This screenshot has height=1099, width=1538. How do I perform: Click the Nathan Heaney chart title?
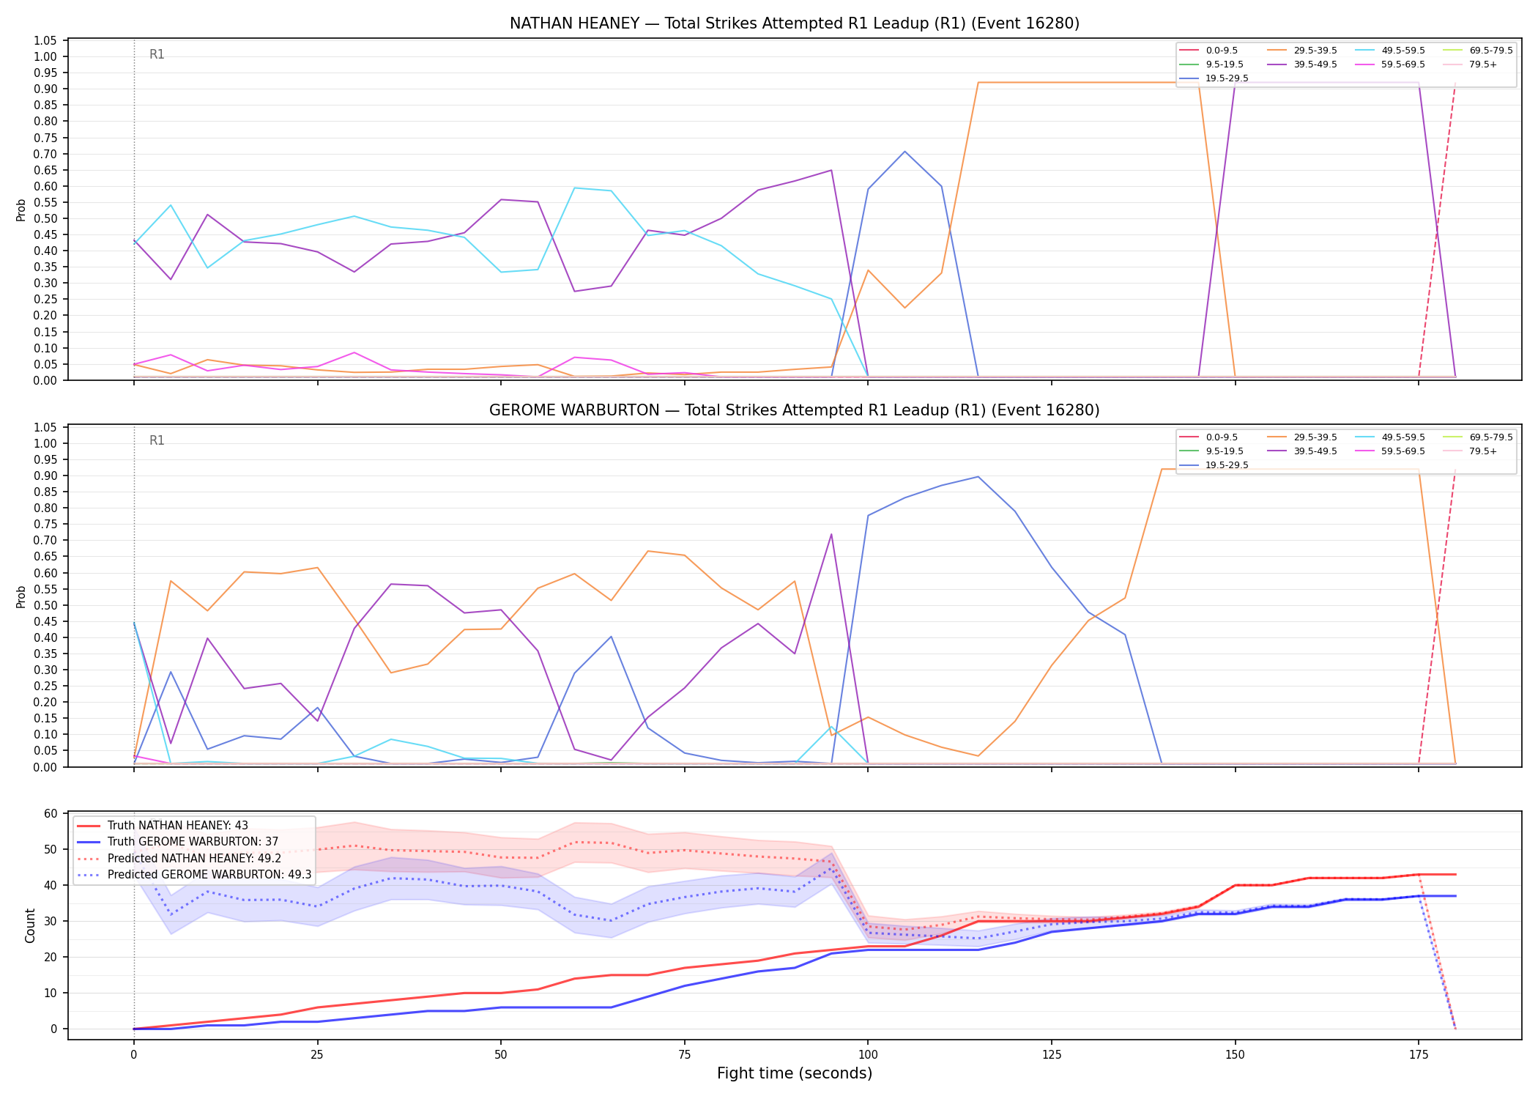pos(795,23)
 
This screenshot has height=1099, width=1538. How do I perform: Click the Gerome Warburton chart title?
pos(795,410)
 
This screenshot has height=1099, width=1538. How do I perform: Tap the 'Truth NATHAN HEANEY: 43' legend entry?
pos(163,826)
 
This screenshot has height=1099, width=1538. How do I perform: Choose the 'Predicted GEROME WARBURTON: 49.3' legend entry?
pos(193,875)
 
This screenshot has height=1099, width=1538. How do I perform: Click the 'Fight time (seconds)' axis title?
pos(795,1073)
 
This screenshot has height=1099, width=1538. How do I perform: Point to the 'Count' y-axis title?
pos(30,925)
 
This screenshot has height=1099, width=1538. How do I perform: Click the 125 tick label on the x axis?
pos(1052,1055)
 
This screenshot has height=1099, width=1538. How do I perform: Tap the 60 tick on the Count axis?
pos(51,813)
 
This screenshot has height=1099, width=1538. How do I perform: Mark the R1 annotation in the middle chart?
pos(157,440)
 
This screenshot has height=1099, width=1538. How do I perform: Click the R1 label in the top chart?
pos(157,54)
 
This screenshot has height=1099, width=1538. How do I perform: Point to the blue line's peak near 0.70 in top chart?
pos(904,152)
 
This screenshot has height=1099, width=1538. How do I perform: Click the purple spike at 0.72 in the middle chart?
pos(831,534)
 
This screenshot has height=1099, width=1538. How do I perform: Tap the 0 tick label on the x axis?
pos(133,1055)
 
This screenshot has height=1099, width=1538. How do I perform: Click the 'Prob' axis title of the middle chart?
pos(21,596)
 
